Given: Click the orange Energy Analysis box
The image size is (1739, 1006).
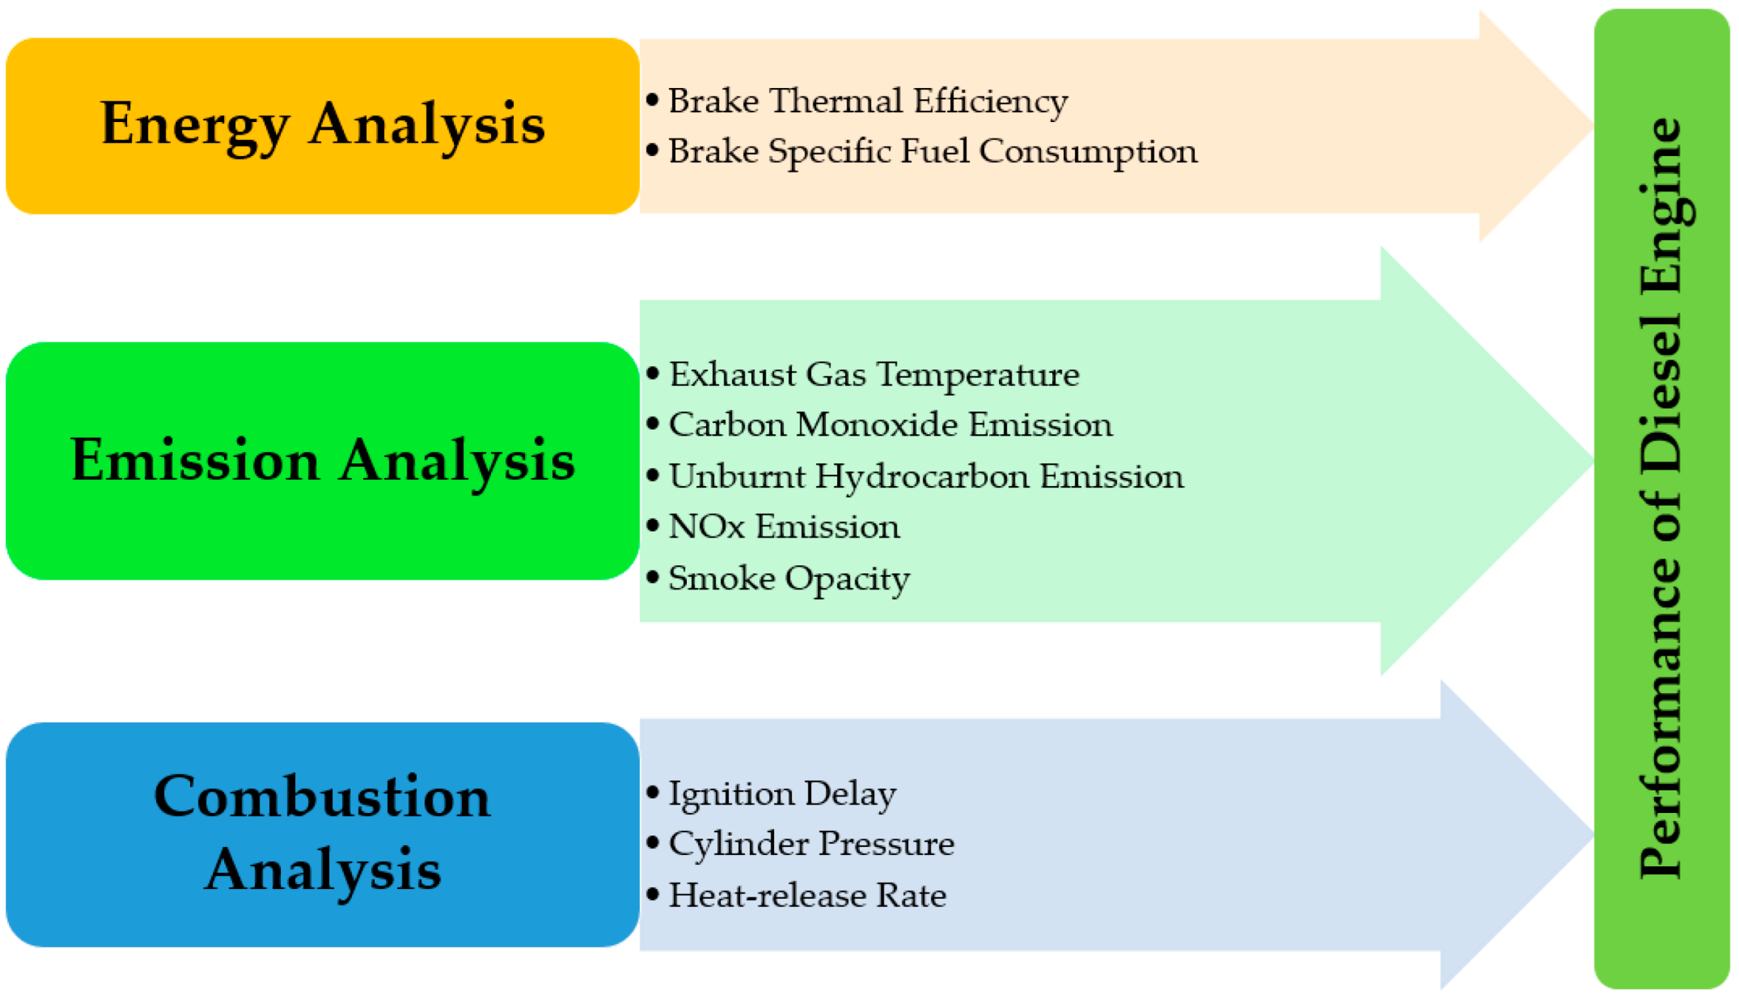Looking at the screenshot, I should (322, 126).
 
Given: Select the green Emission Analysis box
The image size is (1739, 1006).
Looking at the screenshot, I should (322, 461).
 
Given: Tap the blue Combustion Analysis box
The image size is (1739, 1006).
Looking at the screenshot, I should (322, 835).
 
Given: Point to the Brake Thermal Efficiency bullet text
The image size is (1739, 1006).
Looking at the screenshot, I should (868, 101).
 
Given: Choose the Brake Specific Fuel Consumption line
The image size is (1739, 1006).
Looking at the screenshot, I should (932, 151).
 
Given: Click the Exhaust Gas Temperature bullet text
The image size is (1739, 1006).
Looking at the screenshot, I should (874, 375).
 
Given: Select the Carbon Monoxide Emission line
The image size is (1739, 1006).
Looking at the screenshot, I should (890, 425).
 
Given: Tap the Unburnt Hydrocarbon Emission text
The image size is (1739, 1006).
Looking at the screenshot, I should (926, 476).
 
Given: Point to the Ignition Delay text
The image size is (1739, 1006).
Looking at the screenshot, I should (783, 793).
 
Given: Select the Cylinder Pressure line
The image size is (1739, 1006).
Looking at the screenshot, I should (811, 844).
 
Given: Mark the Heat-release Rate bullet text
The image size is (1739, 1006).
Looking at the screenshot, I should (807, 895).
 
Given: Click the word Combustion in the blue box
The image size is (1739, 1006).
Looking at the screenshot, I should (322, 797).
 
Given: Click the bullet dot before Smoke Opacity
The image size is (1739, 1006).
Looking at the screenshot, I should (653, 576).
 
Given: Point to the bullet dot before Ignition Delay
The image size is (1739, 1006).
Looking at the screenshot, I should (653, 792).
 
